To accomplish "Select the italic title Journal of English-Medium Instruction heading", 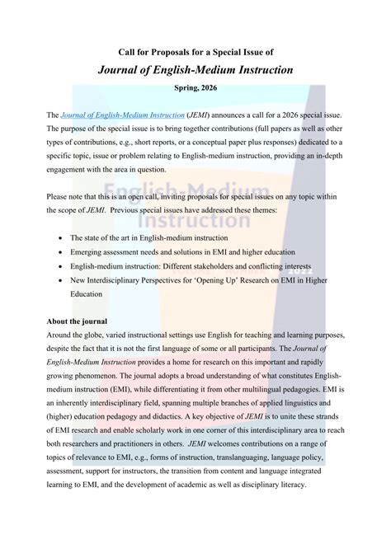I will click(195, 70).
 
